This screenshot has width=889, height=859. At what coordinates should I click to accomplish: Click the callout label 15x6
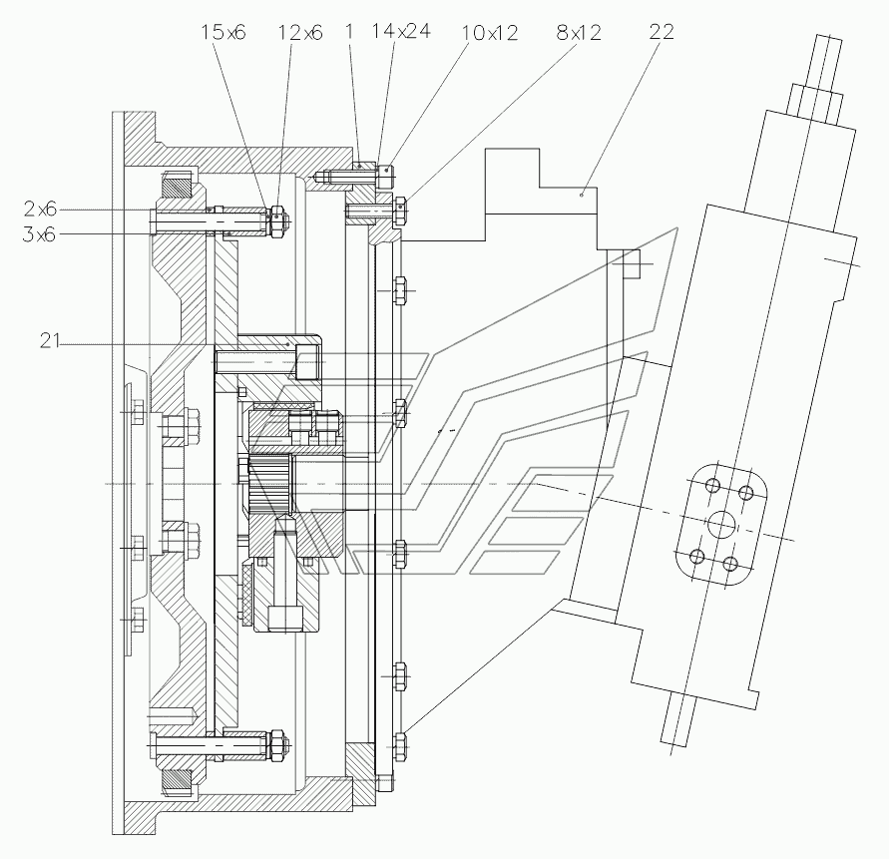click(223, 32)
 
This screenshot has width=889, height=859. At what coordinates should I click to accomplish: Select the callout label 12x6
click(300, 33)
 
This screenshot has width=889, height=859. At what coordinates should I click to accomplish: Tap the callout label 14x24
click(401, 31)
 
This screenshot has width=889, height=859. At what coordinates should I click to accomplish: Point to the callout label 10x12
click(490, 33)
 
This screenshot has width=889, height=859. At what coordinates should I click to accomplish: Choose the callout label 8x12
click(579, 32)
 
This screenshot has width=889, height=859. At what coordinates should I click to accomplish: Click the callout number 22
click(662, 31)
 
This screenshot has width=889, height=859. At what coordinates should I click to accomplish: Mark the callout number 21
click(50, 341)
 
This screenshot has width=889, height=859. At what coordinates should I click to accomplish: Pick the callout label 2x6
click(40, 210)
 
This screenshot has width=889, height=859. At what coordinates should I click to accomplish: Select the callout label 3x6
click(40, 234)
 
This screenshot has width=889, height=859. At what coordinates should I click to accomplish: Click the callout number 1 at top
click(349, 31)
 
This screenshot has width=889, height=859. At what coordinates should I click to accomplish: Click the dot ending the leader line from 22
click(582, 196)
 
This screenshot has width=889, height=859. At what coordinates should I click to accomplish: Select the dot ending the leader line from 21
click(288, 344)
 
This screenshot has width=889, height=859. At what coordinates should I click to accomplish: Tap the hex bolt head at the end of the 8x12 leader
click(400, 211)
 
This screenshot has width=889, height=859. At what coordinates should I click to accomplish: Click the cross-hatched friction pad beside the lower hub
click(246, 595)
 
